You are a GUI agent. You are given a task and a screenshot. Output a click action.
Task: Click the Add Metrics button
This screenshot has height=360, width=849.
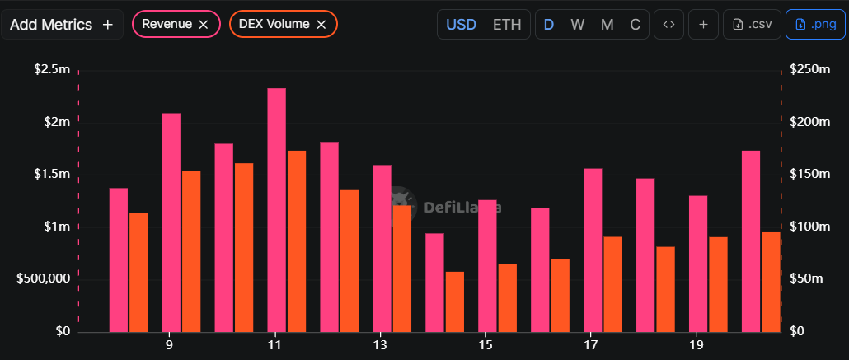coord(62,25)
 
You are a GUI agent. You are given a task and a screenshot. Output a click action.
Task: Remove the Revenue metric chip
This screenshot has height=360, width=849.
coord(204,25)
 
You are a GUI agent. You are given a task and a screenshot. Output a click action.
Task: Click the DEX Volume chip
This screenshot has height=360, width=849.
coord(274,25)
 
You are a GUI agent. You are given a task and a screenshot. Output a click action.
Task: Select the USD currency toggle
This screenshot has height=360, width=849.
coord(461,25)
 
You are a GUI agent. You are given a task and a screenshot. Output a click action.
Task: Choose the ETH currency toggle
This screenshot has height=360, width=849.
coord(507,25)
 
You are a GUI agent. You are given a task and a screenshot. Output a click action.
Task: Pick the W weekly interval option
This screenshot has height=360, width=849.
coord(577,25)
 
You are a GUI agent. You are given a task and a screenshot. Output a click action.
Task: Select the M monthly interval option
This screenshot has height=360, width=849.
coord(607,25)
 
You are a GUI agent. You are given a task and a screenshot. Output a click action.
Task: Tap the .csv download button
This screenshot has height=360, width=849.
coord(751,25)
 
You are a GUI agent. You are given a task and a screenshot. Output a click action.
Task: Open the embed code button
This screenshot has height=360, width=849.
coord(668,25)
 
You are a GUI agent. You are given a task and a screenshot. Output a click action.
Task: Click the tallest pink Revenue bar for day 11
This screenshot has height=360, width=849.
coord(276,210)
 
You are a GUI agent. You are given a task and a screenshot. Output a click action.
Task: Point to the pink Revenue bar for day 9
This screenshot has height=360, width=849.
coord(171,222)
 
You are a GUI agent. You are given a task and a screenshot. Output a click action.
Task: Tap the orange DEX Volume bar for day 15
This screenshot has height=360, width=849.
coord(507,298)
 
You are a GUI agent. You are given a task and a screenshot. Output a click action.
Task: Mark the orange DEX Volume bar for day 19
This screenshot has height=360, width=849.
coord(718,284)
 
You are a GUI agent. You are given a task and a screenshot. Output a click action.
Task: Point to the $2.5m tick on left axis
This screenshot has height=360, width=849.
coord(52,69)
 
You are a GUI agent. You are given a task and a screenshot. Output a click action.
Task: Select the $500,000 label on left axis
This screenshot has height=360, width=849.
coord(44,279)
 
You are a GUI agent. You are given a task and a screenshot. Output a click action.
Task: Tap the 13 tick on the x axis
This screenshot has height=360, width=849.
coord(380,344)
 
